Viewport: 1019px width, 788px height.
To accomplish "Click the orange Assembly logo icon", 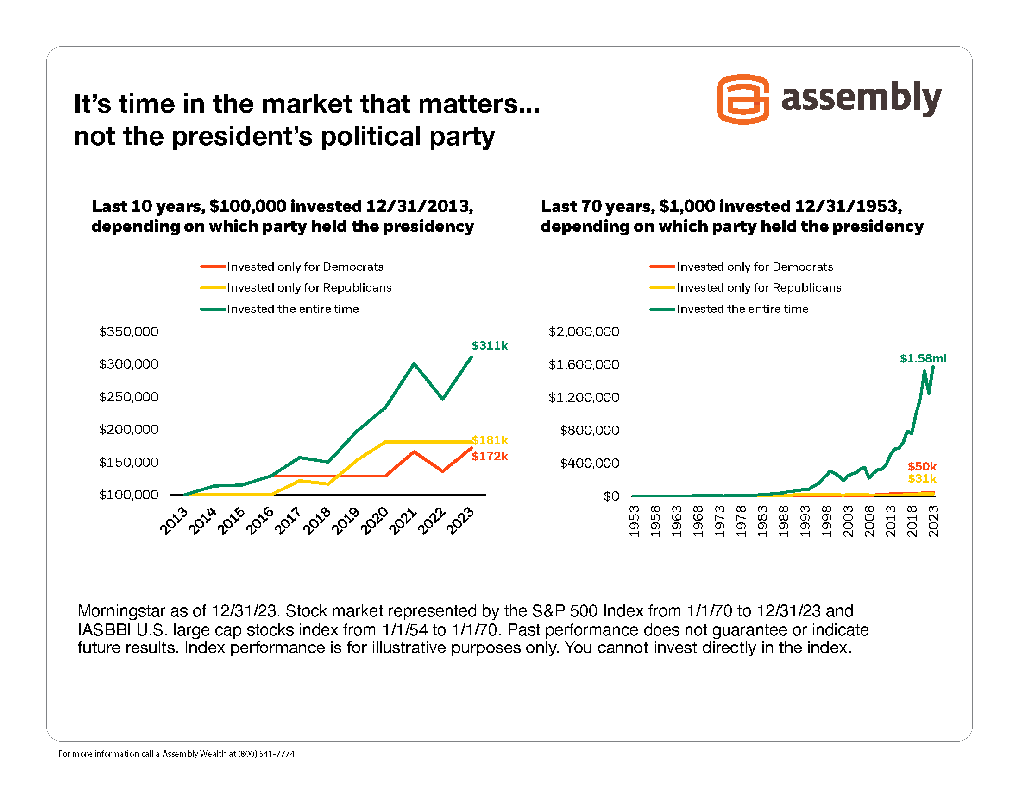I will pyautogui.click(x=743, y=99).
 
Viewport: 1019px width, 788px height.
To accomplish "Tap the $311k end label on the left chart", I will pyautogui.click(x=490, y=345).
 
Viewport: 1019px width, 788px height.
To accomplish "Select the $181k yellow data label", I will pyautogui.click(x=490, y=440).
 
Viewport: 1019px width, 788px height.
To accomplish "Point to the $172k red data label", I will pyautogui.click(x=490, y=456).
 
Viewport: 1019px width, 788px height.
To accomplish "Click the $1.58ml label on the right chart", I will pyautogui.click(x=923, y=358).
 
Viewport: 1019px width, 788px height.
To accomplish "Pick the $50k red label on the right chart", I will pyautogui.click(x=922, y=466).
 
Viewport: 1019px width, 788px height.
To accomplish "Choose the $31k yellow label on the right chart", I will pyautogui.click(x=922, y=478).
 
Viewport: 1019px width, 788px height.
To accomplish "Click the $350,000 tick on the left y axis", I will pyautogui.click(x=129, y=331).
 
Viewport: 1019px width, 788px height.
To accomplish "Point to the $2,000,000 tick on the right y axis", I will pyautogui.click(x=584, y=331).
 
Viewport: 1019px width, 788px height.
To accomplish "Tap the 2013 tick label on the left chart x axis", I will pyautogui.click(x=174, y=521).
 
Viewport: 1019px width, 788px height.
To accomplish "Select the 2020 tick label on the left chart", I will pyautogui.click(x=375, y=521).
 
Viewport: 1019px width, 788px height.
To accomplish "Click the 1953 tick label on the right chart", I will pyautogui.click(x=634, y=521).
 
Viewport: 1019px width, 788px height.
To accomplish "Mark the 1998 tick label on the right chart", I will pyautogui.click(x=827, y=521).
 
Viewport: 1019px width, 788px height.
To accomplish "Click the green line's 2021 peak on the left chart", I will pyautogui.click(x=414, y=364).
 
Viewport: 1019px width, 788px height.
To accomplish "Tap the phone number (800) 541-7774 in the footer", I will pyautogui.click(x=266, y=754).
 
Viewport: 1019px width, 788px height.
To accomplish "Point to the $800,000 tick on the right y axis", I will pyautogui.click(x=589, y=430).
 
